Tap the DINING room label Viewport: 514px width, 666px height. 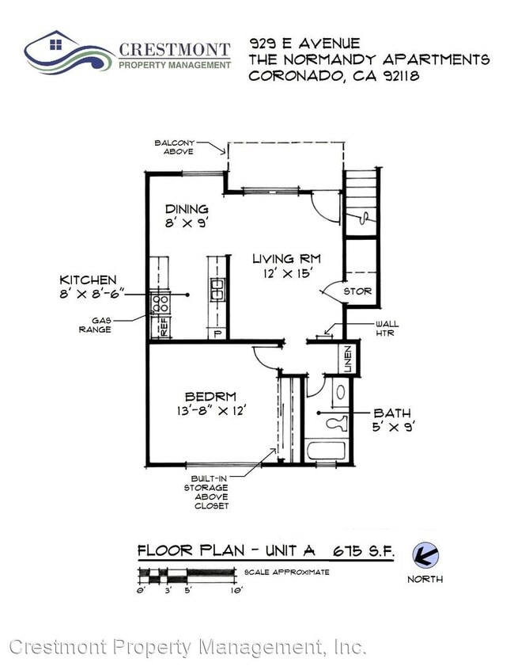187,209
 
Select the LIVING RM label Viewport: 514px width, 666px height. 286,259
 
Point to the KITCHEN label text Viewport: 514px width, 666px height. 89,280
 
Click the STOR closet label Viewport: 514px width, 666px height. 357,291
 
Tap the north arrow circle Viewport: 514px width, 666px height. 425,554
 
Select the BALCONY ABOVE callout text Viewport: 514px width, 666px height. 175,147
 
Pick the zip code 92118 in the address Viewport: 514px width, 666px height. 395,77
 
